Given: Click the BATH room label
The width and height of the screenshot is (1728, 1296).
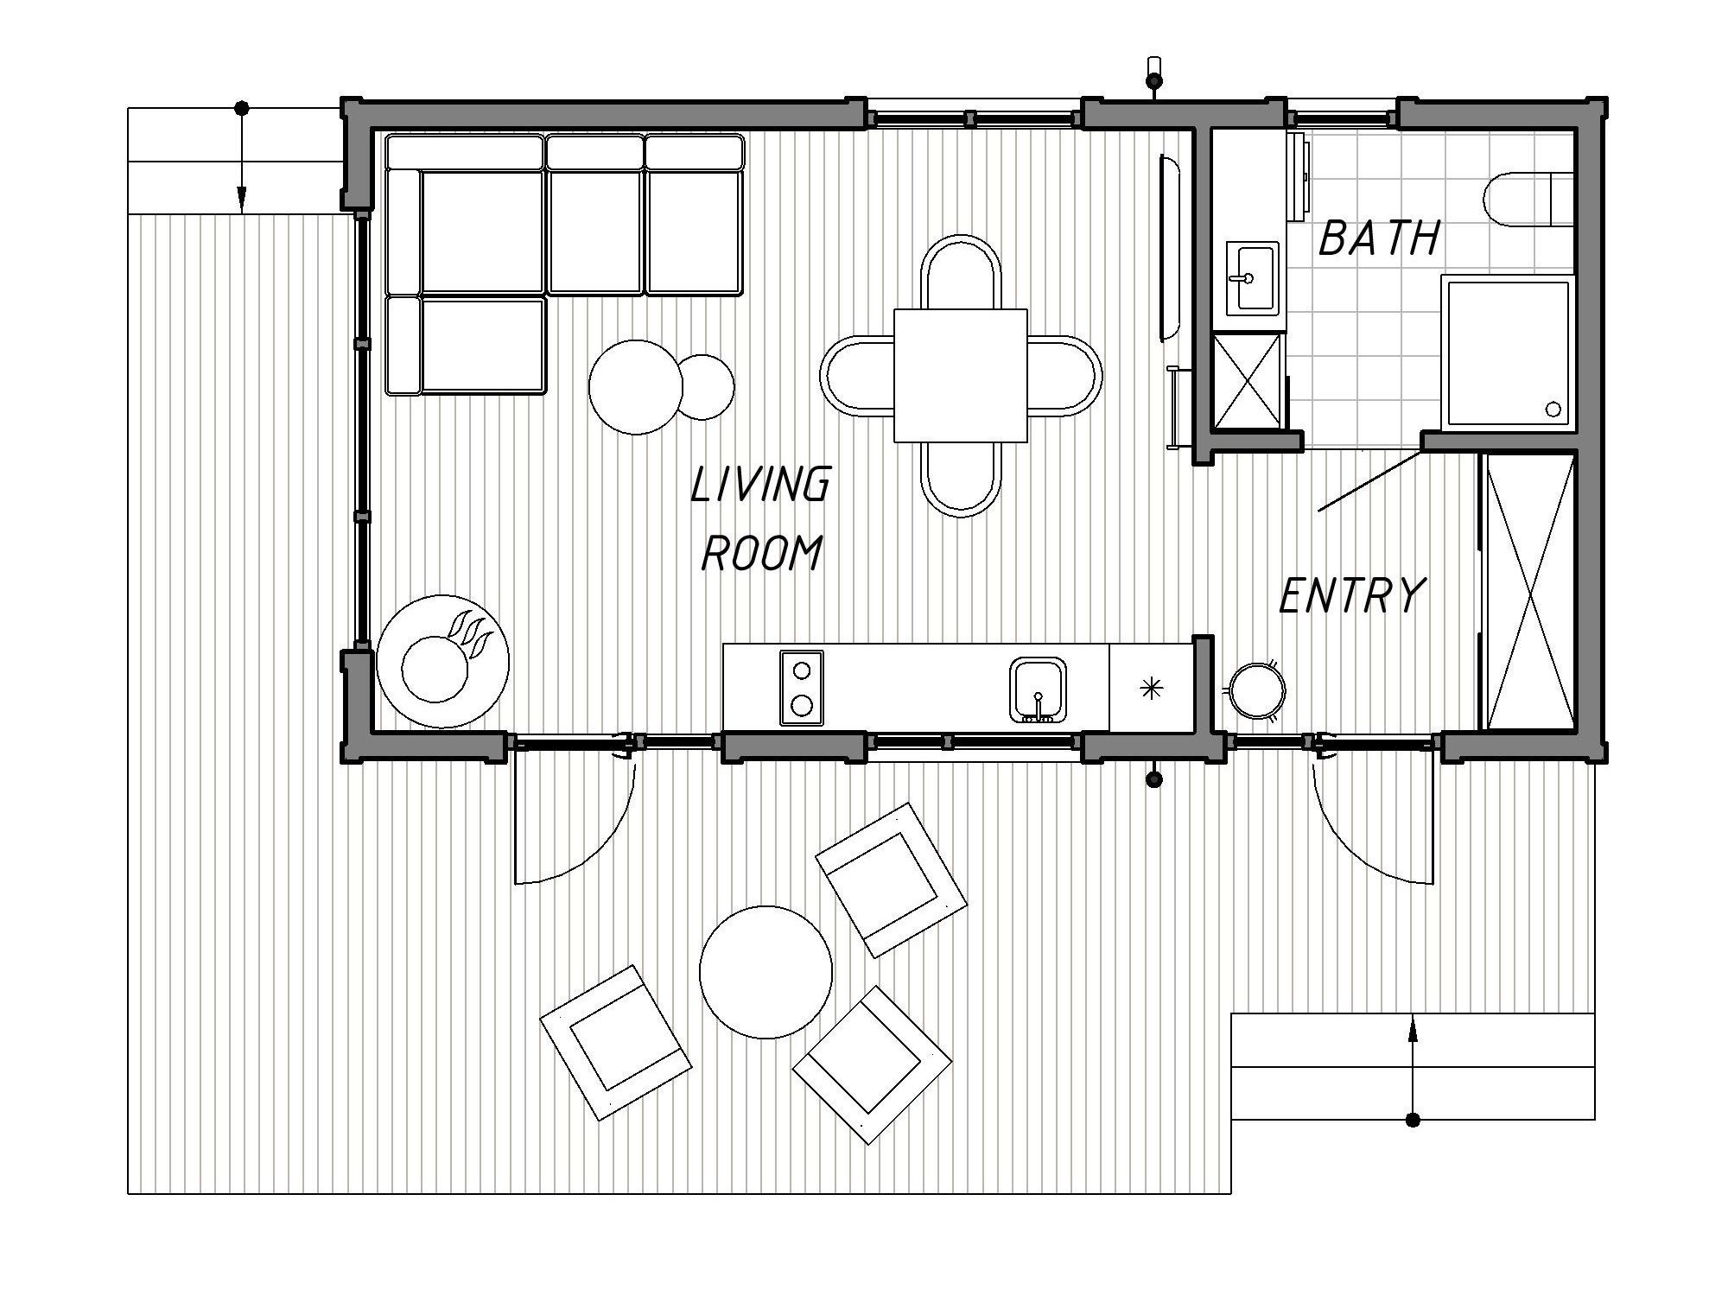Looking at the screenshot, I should [1379, 238].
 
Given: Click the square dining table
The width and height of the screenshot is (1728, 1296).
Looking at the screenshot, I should [960, 375].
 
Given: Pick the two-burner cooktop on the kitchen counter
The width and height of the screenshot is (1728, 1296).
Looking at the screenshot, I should [801, 688].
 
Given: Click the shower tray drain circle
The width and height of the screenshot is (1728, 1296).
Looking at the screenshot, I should [1553, 409].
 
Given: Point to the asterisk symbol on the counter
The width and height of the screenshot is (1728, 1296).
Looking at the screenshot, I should [1152, 688].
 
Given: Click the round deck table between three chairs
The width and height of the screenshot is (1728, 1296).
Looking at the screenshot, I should [766, 971].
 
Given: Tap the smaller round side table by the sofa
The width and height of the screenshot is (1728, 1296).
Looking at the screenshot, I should [707, 387].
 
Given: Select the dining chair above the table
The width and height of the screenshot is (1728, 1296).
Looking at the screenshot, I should [960, 270].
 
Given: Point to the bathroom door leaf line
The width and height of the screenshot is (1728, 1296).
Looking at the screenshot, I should [1369, 481].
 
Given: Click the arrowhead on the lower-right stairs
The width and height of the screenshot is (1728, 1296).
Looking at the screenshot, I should [1412, 1027].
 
